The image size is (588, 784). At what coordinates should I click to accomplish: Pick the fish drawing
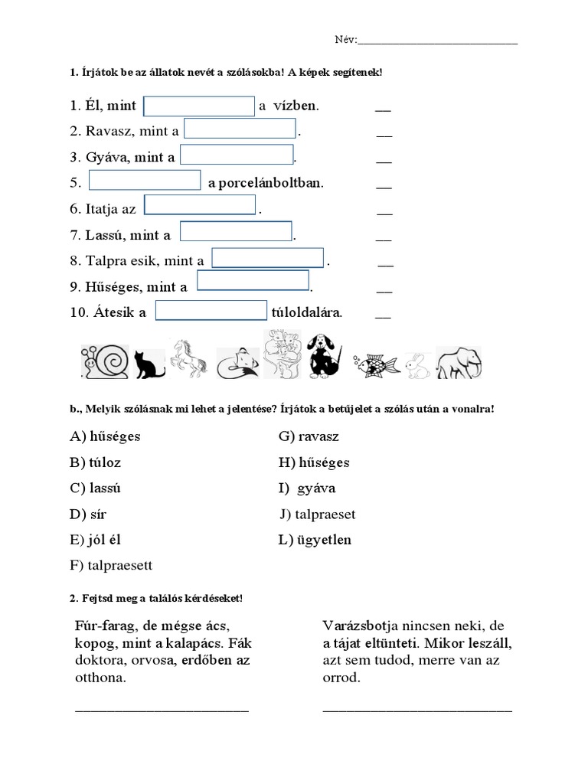(376, 364)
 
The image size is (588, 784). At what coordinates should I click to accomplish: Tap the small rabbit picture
(416, 365)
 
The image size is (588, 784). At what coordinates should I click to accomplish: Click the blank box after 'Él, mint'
(199, 106)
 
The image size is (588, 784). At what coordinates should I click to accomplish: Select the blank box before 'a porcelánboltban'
(145, 181)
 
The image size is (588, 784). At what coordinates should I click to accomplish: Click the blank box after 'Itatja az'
(200, 205)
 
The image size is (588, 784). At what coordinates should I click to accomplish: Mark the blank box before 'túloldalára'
(211, 310)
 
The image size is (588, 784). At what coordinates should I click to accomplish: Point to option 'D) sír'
(89, 514)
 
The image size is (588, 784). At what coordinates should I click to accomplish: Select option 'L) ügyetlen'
(315, 540)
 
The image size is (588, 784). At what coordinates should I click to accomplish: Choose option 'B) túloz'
(95, 462)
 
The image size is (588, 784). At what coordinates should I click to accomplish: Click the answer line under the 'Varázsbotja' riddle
(417, 708)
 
